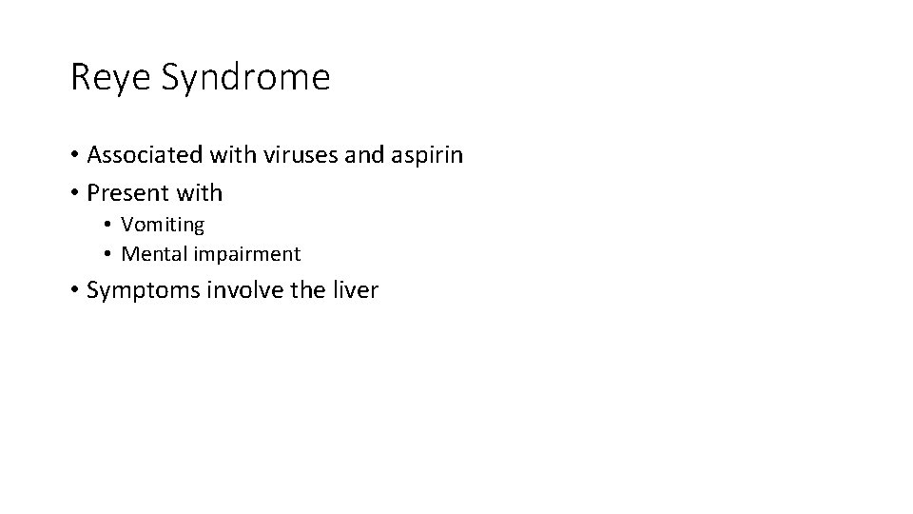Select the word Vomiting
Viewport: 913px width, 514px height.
[163, 226]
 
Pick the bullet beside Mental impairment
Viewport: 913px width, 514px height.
[109, 255]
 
